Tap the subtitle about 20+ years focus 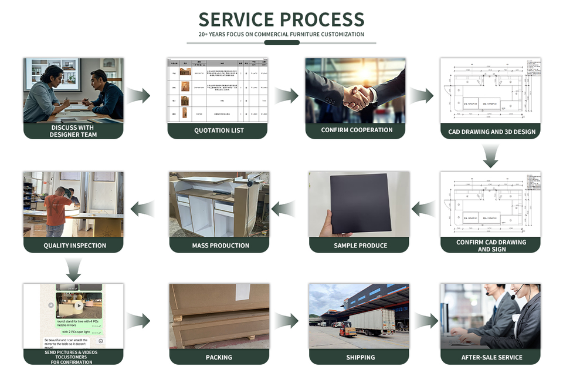coord(281,35)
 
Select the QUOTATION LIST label coord(219,130)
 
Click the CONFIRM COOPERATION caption coord(357,130)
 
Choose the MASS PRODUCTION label coord(221,245)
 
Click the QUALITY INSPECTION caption coord(74,246)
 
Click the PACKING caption coord(219,357)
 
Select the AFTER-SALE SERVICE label coord(491,357)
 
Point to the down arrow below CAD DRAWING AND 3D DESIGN coord(490,156)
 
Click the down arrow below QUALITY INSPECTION coord(74,269)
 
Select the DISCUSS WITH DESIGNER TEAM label coord(73,131)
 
